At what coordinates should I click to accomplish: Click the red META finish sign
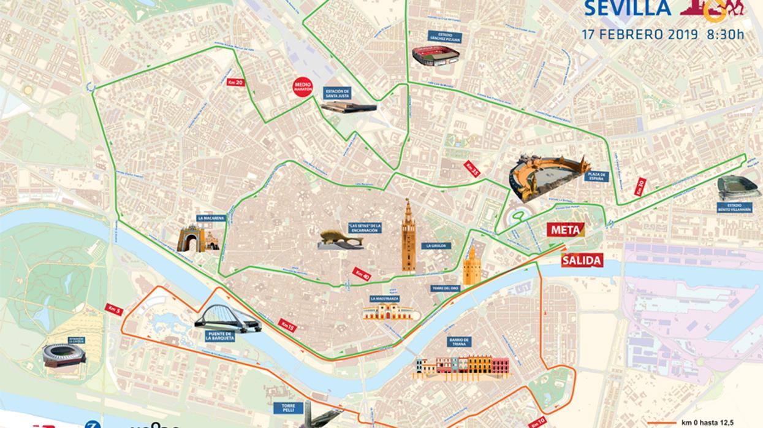566,230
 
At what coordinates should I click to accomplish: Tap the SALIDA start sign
582,260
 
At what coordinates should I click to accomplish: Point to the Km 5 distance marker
114,310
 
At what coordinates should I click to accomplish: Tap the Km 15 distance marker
287,325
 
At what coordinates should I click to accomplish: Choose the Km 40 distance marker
362,275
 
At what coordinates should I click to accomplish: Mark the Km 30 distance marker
640,187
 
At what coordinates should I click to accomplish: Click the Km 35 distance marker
472,169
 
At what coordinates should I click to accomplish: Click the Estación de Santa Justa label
338,93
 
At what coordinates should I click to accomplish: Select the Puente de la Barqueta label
220,336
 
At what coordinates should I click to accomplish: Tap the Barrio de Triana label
459,342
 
